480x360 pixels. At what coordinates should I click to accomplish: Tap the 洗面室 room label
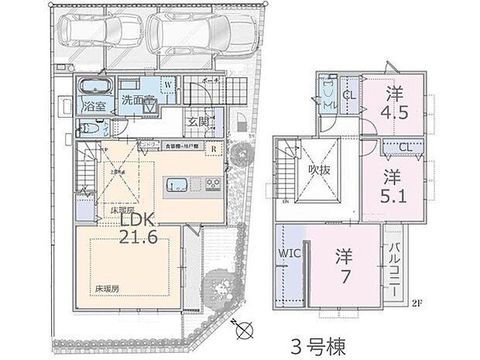pyautogui.click(x=138, y=101)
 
